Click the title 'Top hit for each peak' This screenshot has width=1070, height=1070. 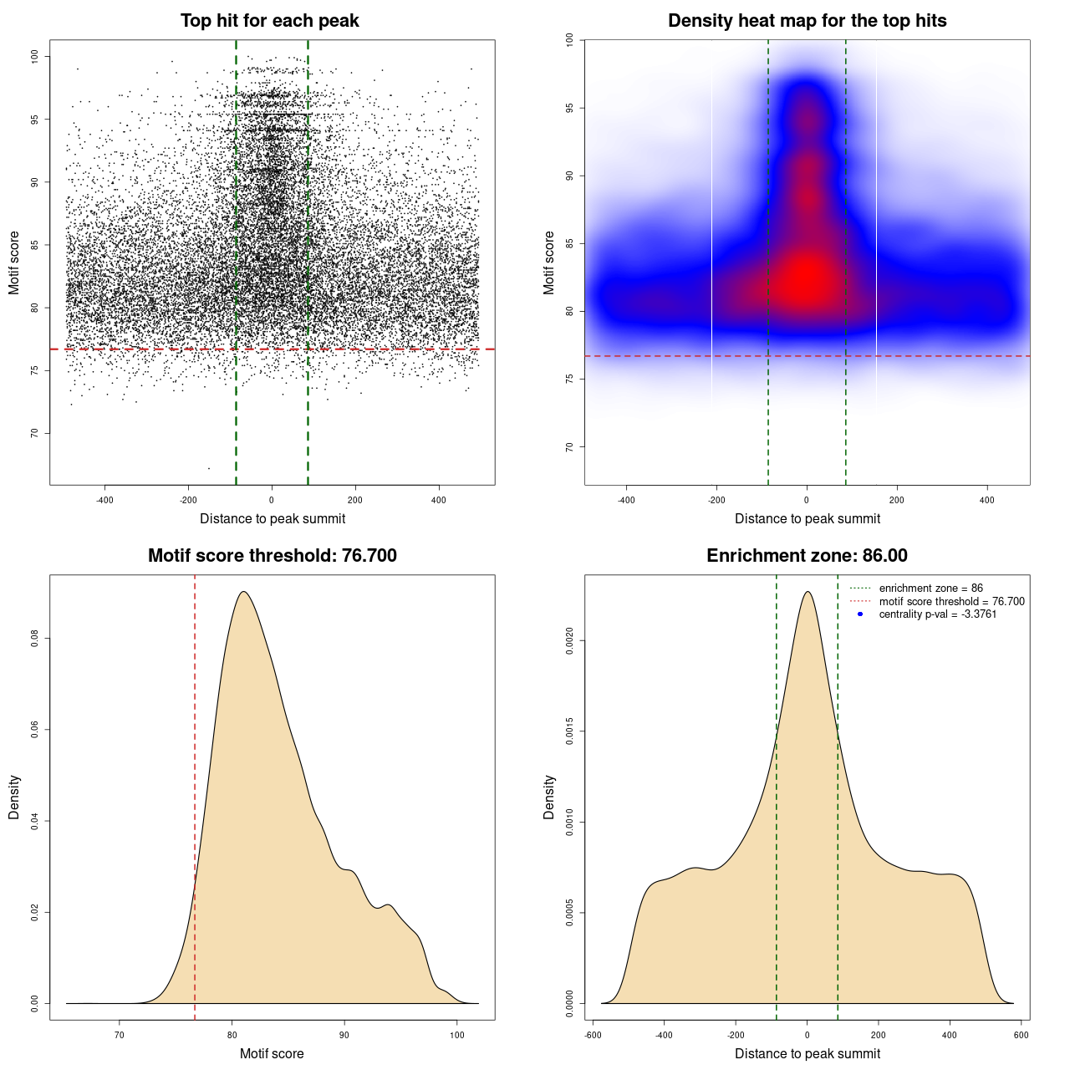click(x=269, y=21)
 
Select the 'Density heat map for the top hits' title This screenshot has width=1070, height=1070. click(x=807, y=21)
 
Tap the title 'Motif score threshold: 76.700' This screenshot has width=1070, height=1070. click(x=272, y=556)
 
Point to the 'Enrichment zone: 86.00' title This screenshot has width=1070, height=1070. click(x=807, y=556)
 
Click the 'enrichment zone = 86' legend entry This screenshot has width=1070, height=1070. click(x=930, y=588)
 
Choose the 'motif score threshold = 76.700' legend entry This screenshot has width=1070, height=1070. click(x=951, y=602)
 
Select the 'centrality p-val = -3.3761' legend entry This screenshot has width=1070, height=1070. click(x=937, y=614)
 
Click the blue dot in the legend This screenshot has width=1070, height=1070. click(x=860, y=614)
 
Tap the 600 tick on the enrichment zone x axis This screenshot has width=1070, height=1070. click(x=1021, y=1035)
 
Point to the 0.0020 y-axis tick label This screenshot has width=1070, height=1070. click(x=569, y=641)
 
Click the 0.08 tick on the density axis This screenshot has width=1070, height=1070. click(x=34, y=639)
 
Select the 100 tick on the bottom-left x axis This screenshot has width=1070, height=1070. click(x=456, y=1035)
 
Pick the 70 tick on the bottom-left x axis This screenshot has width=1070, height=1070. click(x=120, y=1035)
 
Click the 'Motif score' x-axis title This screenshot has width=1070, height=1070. click(x=272, y=1053)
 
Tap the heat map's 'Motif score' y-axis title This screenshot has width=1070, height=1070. click(x=548, y=262)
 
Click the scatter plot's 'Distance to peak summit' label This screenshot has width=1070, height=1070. click(x=273, y=518)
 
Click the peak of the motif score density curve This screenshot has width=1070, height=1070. click(x=243, y=592)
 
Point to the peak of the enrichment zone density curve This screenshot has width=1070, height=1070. click(x=808, y=592)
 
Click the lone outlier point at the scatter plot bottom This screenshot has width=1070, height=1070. click(x=209, y=468)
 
